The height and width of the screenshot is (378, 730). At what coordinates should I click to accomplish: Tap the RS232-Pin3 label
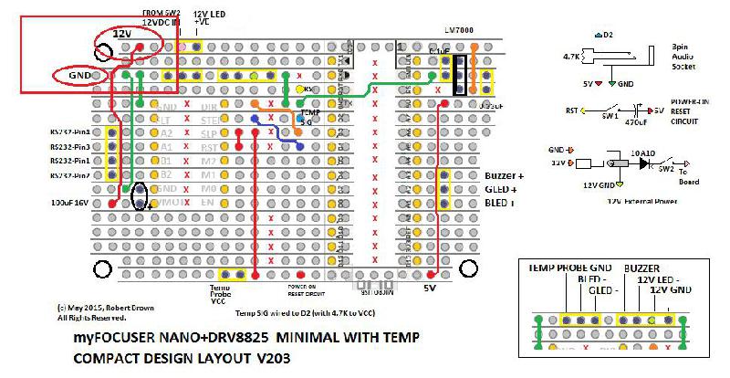click(69, 146)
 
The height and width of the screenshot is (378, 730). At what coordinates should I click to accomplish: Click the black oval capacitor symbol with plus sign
click(140, 195)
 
